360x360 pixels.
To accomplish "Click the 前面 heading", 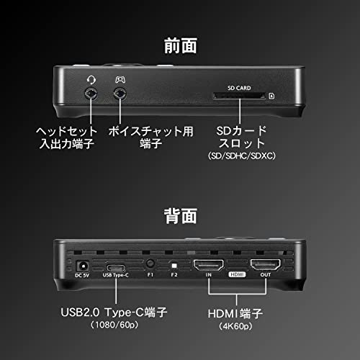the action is pyautogui.click(x=181, y=45).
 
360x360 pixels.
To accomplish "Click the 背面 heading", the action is pyautogui.click(x=181, y=216).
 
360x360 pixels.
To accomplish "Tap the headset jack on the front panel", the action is pyautogui.click(x=91, y=94).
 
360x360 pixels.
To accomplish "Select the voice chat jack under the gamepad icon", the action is pyautogui.click(x=120, y=94).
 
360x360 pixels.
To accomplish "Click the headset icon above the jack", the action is pyautogui.click(x=91, y=79).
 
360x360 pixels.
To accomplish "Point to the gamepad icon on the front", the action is pyautogui.click(x=120, y=79).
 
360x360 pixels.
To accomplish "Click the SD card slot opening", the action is pyautogui.click(x=239, y=96).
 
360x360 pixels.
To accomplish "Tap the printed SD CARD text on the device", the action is pyautogui.click(x=239, y=88).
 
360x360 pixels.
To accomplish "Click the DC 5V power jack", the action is pyautogui.click(x=83, y=266).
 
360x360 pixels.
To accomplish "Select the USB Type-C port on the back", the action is pyautogui.click(x=116, y=268).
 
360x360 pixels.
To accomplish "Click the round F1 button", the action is pyautogui.click(x=150, y=264).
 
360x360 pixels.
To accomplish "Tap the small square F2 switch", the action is pyautogui.click(x=174, y=266).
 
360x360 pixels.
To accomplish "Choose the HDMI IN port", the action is pyautogui.click(x=208, y=265).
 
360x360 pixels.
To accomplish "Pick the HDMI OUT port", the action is pyautogui.click(x=265, y=264).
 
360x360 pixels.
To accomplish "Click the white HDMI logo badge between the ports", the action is pyautogui.click(x=237, y=274).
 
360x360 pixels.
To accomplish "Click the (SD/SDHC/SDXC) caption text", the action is pyautogui.click(x=242, y=156).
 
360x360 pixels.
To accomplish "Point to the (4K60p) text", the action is pyautogui.click(x=235, y=326).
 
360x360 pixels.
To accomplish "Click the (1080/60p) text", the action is pyautogui.click(x=114, y=325).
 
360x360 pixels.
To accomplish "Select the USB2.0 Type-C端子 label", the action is pyautogui.click(x=114, y=312).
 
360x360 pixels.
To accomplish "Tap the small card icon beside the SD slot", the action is pyautogui.click(x=271, y=96).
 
